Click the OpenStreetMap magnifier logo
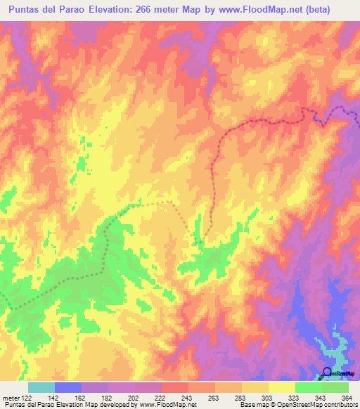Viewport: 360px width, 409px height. click(x=328, y=372)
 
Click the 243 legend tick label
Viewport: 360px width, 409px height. click(x=188, y=398)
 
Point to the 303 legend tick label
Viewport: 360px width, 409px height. click(x=268, y=398)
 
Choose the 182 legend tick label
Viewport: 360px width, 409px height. click(x=109, y=398)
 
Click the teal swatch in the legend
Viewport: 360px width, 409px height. click(x=41, y=387)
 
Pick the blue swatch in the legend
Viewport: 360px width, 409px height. click(x=68, y=387)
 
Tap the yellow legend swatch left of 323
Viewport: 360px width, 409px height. click(x=281, y=387)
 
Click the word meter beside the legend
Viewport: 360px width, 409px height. click(x=10, y=398)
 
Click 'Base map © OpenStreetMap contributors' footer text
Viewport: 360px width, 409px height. click(x=297, y=405)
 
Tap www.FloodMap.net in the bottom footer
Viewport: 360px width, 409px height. click(x=167, y=405)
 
